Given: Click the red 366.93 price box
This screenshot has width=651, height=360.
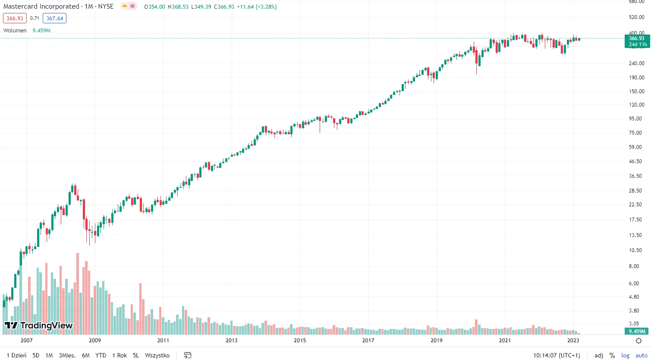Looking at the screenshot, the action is point(15,18).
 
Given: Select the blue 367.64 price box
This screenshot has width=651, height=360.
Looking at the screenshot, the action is point(55,18).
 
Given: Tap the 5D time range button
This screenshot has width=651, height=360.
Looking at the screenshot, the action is point(36,355).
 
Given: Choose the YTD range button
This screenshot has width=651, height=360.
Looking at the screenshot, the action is point(101,355).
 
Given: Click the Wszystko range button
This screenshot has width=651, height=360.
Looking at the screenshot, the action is point(157,355).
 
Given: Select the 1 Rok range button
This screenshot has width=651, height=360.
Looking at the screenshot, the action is point(120,355).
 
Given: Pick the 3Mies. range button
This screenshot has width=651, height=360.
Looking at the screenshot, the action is point(67,355).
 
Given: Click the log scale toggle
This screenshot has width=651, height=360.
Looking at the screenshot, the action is point(626,355).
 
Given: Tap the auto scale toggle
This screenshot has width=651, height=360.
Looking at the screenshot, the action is point(642,355).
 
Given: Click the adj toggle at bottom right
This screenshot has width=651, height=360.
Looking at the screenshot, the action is point(599,355).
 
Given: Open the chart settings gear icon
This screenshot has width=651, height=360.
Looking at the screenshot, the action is point(638,341).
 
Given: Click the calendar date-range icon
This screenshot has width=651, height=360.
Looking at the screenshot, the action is point(188,355).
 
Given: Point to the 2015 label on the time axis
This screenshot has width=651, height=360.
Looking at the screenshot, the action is point(300,340).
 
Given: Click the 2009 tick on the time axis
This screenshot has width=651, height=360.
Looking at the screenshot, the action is point(95,340).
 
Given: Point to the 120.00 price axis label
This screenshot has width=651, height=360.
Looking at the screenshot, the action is point(636,105).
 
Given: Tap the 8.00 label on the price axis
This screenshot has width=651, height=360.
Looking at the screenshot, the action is point(634,266).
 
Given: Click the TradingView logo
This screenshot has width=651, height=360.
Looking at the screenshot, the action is point(38,325).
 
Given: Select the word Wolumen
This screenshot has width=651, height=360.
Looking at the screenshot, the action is point(15,30).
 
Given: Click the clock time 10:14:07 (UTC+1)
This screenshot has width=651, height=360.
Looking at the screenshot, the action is point(557,355).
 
